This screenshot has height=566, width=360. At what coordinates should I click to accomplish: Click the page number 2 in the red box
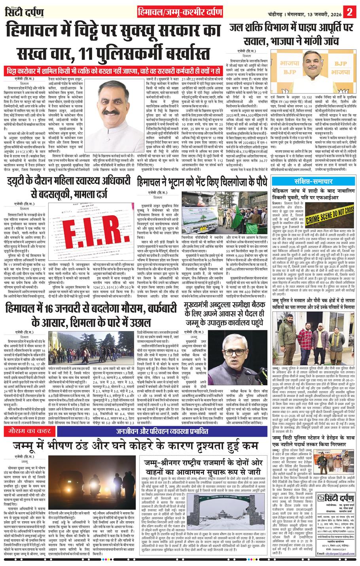click(x=350, y=12)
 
